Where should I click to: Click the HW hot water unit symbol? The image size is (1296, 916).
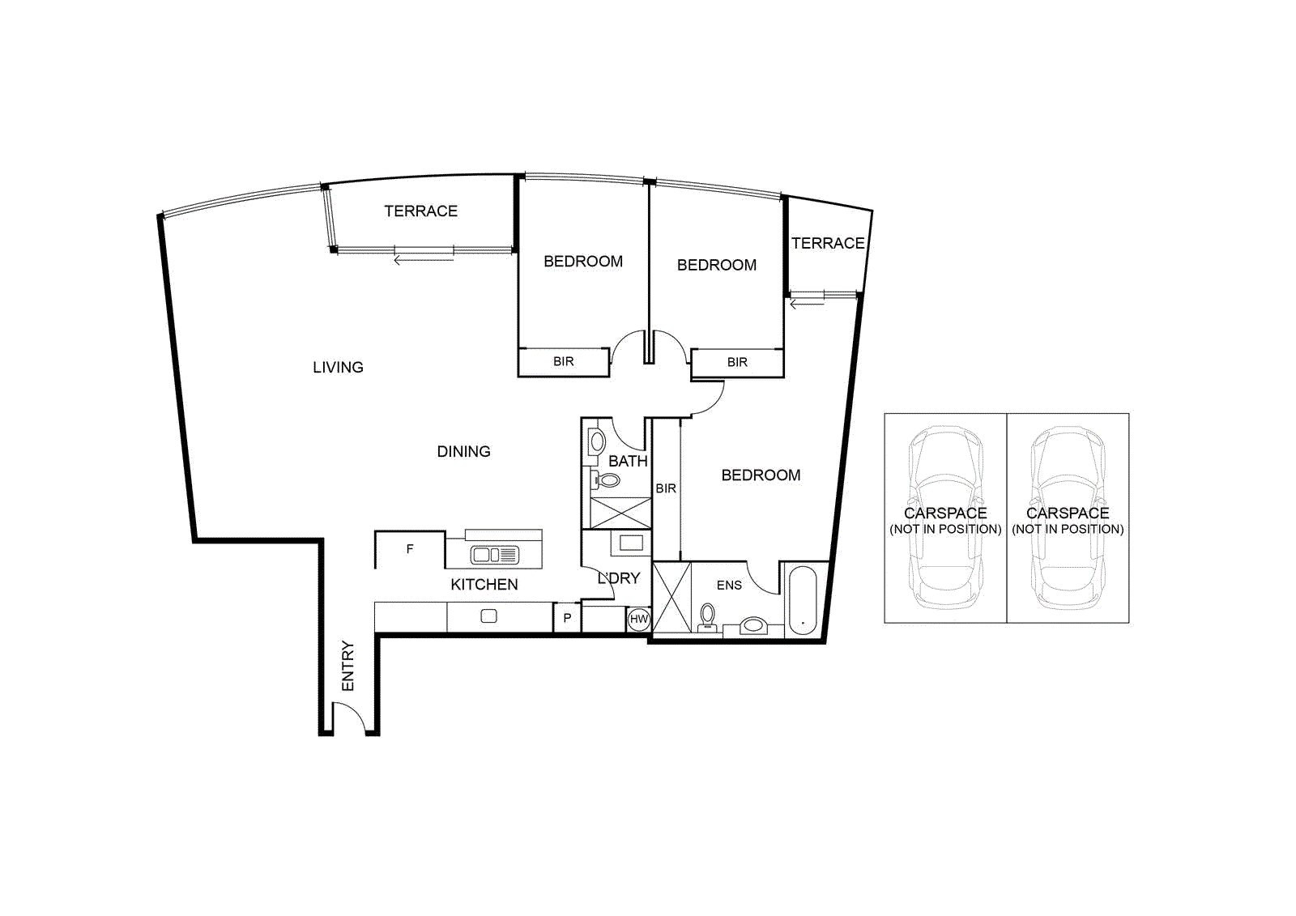[639, 620]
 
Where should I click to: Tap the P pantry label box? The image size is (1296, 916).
[567, 618]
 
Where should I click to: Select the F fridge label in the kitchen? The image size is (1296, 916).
[410, 549]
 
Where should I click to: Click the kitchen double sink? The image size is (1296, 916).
[494, 556]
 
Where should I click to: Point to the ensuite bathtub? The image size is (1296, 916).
[803, 600]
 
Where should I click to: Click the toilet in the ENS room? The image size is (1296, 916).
[708, 616]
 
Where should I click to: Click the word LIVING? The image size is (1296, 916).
[338, 368]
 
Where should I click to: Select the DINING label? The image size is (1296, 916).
[463, 452]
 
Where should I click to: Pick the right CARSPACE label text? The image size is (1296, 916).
[1068, 513]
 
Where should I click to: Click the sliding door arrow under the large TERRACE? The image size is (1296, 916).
[423, 260]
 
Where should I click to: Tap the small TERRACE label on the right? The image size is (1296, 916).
[827, 244]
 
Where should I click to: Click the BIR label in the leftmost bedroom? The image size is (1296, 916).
[564, 362]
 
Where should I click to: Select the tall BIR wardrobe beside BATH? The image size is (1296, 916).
[666, 489]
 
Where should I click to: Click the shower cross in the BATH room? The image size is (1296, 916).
[620, 513]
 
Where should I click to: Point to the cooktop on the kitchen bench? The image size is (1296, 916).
[488, 616]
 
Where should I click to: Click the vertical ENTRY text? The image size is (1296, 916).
[348, 666]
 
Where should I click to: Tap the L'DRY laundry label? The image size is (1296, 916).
[619, 578]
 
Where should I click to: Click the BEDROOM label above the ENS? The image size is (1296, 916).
[761, 475]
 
